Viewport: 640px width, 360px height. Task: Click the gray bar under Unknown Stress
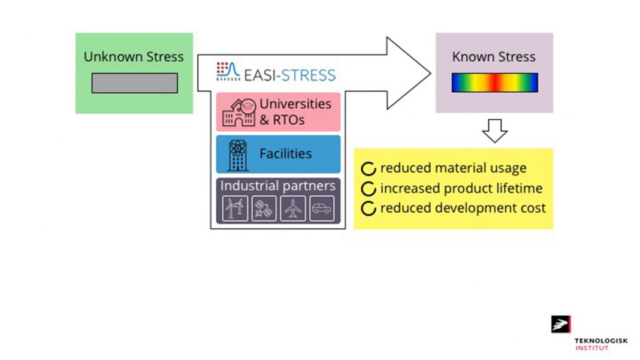(134, 83)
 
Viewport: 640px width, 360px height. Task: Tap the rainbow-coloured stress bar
(494, 83)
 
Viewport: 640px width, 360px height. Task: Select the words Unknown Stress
(134, 57)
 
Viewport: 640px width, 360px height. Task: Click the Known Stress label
(494, 57)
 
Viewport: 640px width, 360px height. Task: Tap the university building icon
(238, 112)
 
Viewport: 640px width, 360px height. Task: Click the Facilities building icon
(238, 155)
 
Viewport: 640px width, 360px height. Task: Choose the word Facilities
(285, 154)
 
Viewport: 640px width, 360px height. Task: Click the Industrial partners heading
(277, 186)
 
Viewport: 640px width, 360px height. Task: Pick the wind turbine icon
(234, 209)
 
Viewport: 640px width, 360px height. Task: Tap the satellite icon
(263, 209)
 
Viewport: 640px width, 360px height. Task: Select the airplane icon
(292, 209)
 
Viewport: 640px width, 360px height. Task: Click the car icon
(321, 209)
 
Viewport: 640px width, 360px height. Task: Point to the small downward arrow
(494, 131)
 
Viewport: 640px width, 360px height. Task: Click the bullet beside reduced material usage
(369, 168)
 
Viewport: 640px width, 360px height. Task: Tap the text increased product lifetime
(461, 188)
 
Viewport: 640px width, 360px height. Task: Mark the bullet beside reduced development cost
(369, 208)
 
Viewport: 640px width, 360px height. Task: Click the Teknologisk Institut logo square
(561, 324)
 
